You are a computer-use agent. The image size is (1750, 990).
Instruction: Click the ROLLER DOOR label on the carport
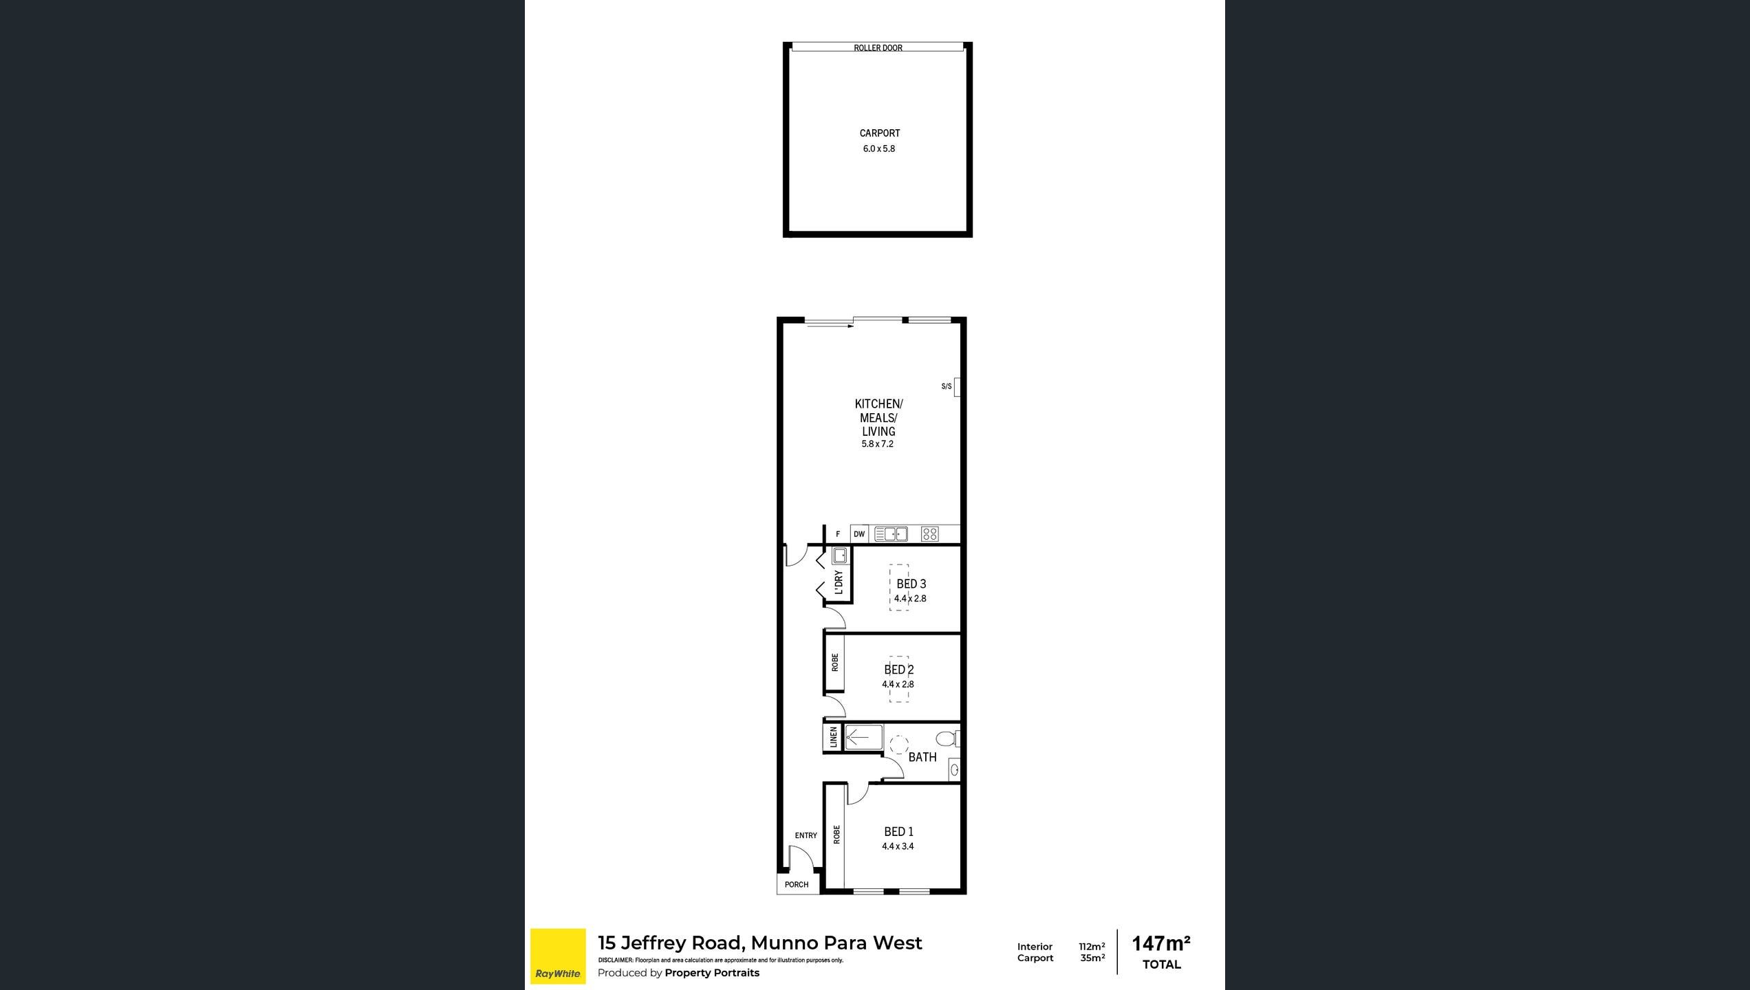click(x=878, y=48)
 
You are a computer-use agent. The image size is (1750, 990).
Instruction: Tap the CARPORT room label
click(x=880, y=133)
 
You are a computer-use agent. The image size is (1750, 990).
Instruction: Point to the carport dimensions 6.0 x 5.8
click(x=879, y=148)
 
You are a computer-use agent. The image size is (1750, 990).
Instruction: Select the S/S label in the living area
click(x=947, y=386)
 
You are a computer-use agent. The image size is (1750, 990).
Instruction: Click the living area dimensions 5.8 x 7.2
click(x=878, y=444)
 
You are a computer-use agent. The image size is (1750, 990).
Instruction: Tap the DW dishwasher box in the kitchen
click(x=859, y=534)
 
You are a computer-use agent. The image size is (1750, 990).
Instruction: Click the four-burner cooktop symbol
click(x=930, y=534)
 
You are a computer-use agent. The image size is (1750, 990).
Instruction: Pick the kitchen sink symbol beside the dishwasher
click(x=891, y=534)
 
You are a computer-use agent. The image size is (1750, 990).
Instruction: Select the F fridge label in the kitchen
click(x=838, y=534)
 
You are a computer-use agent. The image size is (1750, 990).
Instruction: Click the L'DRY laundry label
click(x=839, y=582)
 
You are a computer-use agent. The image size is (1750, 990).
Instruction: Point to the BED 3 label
click(x=911, y=584)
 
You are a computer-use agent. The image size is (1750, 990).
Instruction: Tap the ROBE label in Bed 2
click(x=835, y=663)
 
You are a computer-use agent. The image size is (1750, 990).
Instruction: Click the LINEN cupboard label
click(x=834, y=738)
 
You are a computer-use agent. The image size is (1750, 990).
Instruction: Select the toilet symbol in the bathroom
click(x=948, y=739)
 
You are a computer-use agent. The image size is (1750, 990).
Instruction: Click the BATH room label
click(x=922, y=757)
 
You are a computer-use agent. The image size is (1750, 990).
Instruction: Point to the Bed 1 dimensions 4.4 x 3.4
click(x=898, y=847)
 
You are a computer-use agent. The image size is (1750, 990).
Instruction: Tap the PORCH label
click(x=797, y=885)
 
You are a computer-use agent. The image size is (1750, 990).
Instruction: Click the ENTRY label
click(x=806, y=836)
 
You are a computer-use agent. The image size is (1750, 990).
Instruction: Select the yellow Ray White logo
click(x=558, y=956)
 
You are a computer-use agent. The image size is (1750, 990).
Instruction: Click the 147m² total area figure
click(x=1161, y=943)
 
